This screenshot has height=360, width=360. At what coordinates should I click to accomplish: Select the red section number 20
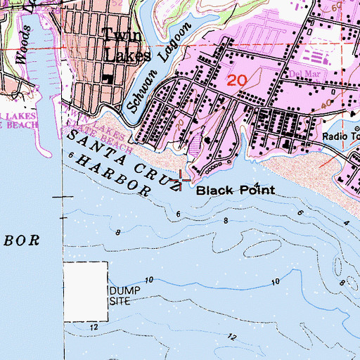(x=236, y=80)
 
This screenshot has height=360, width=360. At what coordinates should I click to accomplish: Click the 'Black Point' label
(x=224, y=190)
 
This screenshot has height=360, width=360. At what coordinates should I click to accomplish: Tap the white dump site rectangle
(x=86, y=291)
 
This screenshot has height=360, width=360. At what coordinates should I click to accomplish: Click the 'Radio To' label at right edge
(x=341, y=137)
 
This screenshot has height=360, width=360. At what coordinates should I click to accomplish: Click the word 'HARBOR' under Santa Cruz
(x=115, y=176)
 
